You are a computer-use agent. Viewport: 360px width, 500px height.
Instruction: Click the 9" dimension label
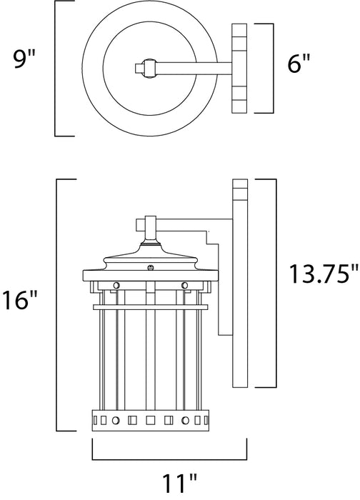(24, 59)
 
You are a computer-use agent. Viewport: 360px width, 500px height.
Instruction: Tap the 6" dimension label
(299, 64)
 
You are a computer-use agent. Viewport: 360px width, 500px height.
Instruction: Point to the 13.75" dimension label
(324, 274)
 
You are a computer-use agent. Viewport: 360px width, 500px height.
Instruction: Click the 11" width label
(180, 484)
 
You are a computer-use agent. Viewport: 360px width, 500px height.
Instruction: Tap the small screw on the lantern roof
(151, 268)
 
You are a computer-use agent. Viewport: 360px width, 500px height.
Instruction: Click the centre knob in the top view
(150, 69)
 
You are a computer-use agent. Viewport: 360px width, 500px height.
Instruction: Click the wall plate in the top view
(239, 69)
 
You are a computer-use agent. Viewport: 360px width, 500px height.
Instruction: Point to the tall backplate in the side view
(240, 283)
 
